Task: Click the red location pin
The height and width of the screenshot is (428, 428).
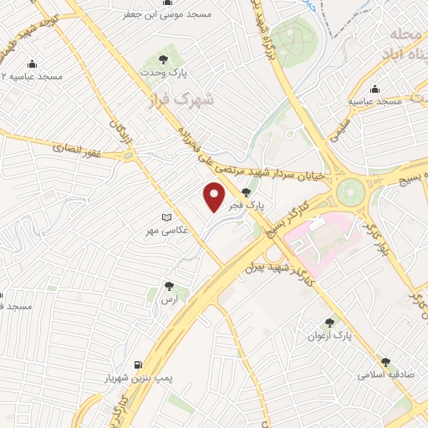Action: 215,197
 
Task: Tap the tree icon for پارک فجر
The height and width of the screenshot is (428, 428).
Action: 246,191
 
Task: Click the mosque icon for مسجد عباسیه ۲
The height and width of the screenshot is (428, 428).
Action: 32,64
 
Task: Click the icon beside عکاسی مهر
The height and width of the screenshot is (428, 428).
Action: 166,217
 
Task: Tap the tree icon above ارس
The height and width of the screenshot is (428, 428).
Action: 170,286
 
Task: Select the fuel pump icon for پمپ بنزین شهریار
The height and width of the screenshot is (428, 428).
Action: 138,365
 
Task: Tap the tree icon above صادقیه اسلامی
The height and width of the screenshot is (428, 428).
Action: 385,362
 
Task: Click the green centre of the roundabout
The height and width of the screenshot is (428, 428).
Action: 352,190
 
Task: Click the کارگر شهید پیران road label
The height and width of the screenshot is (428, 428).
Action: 276,267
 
